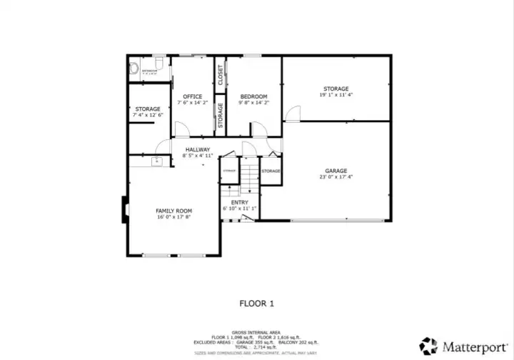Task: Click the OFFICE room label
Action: (x=192, y=96)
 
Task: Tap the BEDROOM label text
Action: (x=253, y=96)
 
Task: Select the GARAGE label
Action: (x=336, y=171)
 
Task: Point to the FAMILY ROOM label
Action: (x=174, y=211)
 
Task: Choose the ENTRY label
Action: (x=239, y=203)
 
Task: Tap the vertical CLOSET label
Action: (x=221, y=74)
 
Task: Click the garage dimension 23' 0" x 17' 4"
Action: (x=336, y=177)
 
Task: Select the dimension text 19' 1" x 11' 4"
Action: (x=336, y=95)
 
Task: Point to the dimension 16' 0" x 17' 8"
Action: (x=174, y=217)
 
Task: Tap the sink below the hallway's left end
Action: (x=157, y=162)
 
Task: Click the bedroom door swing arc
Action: (x=258, y=129)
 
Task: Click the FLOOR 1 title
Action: (x=256, y=303)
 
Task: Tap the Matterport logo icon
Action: (x=428, y=346)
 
